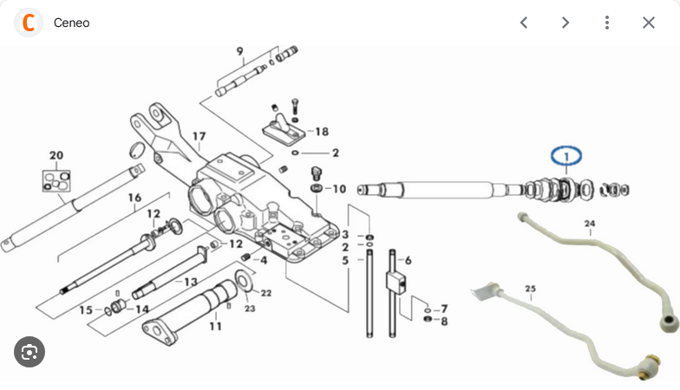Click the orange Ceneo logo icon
(x=29, y=23)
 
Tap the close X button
(x=649, y=23)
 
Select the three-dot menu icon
(x=607, y=23)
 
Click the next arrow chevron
(x=566, y=23)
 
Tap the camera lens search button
(x=29, y=352)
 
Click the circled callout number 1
(x=566, y=156)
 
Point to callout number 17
(x=199, y=137)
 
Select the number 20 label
(x=56, y=155)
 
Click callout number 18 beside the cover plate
(x=322, y=132)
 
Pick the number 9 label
(x=239, y=51)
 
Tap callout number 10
(x=339, y=189)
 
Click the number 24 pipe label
(x=590, y=224)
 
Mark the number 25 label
(x=530, y=289)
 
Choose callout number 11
(x=215, y=326)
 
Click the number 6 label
(x=408, y=260)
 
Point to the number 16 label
(x=134, y=198)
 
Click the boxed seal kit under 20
(x=56, y=181)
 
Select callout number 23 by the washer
(x=250, y=309)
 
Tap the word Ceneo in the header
(x=71, y=23)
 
